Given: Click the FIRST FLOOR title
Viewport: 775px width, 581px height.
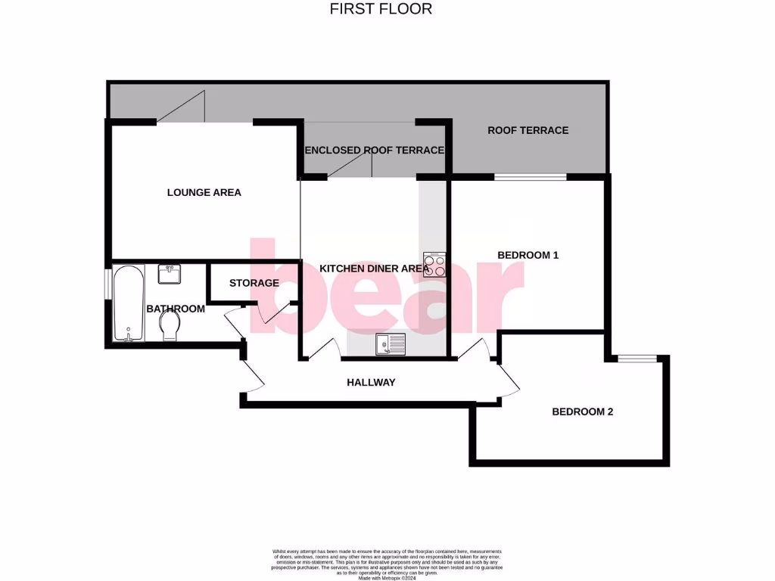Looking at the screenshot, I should [381, 9].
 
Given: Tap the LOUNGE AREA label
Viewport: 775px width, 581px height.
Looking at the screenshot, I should [204, 192].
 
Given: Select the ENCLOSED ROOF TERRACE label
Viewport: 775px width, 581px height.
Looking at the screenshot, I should [374, 150].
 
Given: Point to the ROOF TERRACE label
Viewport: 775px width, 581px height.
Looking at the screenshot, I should [528, 130].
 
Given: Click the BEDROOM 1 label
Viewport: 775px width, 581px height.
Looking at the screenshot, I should [528, 255].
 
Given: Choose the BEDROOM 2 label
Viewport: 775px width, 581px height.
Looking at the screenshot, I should [582, 412].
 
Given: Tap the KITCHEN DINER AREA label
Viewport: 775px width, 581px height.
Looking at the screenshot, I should [374, 269].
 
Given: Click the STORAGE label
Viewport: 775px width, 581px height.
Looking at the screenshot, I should [254, 283].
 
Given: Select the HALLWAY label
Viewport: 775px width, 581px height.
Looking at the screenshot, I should [371, 382].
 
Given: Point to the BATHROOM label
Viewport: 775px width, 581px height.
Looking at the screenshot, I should [176, 309].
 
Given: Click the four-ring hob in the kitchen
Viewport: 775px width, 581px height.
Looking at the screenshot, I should [434, 265].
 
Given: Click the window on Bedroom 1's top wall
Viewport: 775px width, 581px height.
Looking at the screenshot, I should [530, 177].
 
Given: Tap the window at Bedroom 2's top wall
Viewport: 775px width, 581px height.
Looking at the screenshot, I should [630, 358].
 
